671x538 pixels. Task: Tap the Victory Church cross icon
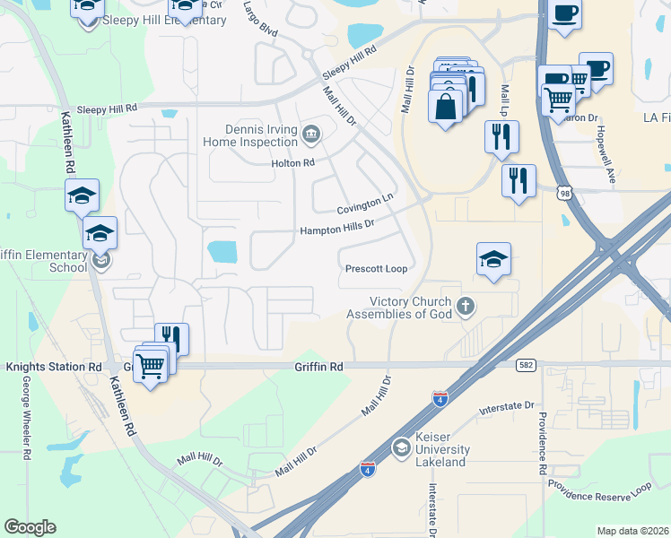(x=465, y=307)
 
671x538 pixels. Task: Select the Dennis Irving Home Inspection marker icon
(x=310, y=134)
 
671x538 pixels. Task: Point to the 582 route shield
(x=526, y=365)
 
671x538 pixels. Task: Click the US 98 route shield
(x=563, y=193)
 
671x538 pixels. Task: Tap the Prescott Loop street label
(x=376, y=269)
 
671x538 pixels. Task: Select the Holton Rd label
(x=293, y=163)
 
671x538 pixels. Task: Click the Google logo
(x=30, y=527)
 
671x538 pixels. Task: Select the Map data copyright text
(x=632, y=531)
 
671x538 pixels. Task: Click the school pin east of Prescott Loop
(x=493, y=259)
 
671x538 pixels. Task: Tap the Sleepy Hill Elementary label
(x=164, y=20)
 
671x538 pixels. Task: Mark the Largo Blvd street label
(x=259, y=13)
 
